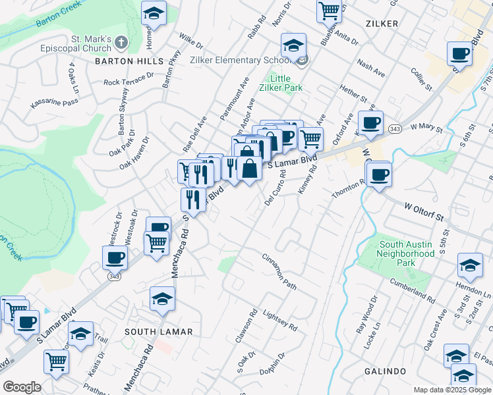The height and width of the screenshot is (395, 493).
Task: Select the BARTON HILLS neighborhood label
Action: click(129, 61)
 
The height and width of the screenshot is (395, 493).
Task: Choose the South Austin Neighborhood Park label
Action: click(407, 253)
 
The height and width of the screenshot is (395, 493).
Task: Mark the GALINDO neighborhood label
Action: click(385, 371)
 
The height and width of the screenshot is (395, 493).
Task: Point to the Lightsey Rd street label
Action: click(279, 321)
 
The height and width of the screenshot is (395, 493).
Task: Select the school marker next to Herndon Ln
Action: click(469, 265)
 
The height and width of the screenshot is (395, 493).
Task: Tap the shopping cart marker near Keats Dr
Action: click(57, 360)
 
